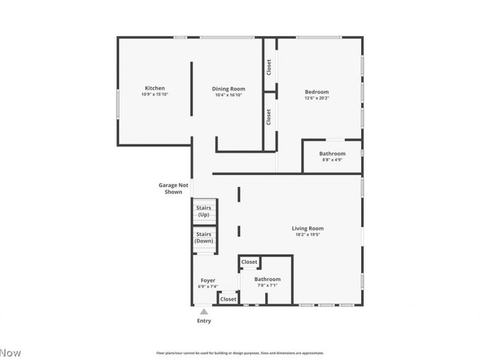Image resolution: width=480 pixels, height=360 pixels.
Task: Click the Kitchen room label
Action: (x=154, y=88)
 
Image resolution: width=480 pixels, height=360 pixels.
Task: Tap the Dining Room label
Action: (x=230, y=89)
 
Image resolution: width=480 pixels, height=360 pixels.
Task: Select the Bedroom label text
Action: (x=317, y=92)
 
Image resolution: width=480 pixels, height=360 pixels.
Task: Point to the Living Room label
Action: (x=308, y=229)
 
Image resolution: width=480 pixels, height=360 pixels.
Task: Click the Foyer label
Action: (x=208, y=280)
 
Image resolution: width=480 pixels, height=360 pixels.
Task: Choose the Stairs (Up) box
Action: (x=204, y=211)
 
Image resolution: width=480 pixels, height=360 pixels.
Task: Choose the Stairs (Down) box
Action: (x=204, y=238)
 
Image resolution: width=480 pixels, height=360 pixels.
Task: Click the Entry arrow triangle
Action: (x=204, y=311)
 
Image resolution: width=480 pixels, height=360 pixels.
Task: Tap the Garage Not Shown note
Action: (x=173, y=188)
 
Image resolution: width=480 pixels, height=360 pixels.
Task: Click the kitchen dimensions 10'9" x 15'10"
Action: (x=154, y=95)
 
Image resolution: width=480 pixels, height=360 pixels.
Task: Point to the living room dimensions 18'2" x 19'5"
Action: (x=308, y=235)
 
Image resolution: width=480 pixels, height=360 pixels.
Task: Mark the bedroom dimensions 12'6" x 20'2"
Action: (x=317, y=98)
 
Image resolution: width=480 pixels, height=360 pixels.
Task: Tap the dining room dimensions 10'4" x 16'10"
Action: (x=230, y=95)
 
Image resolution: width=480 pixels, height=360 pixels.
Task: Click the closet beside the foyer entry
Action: (x=228, y=299)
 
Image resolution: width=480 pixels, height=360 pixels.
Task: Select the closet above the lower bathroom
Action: (x=249, y=262)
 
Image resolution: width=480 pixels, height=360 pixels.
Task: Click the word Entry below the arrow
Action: (x=204, y=321)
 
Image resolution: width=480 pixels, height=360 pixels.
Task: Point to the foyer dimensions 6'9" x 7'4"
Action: (x=208, y=287)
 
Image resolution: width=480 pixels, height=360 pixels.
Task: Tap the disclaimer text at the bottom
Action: (x=240, y=353)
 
